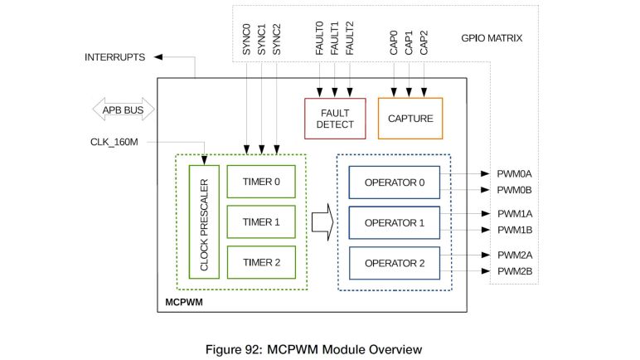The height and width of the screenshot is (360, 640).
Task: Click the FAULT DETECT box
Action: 334,118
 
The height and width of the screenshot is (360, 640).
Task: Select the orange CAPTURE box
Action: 410,118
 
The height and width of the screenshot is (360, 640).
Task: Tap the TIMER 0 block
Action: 261,181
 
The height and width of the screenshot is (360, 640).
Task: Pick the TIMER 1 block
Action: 261,221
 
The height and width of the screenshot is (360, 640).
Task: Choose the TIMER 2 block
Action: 261,261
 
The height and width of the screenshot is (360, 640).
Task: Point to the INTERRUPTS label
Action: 115,57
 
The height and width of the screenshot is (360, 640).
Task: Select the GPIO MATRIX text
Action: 492,37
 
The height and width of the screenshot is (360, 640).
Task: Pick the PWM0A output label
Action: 514,174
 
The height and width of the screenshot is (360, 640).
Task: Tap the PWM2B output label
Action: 514,270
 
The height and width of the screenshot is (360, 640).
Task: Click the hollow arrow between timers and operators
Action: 322,221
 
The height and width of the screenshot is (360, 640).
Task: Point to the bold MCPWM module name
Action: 183,302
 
